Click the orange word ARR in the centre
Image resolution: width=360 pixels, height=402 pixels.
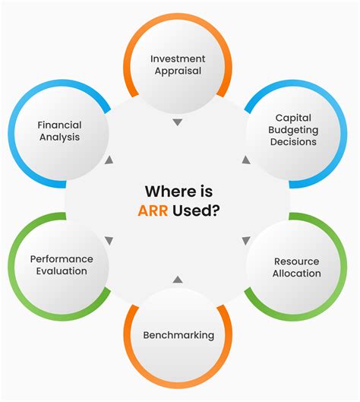pyautogui.click(x=155, y=211)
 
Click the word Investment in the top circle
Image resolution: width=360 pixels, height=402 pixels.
pyautogui.click(x=178, y=59)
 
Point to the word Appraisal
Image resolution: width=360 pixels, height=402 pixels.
pyautogui.click(x=178, y=72)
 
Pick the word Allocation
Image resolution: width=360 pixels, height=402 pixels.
pyautogui.click(x=296, y=273)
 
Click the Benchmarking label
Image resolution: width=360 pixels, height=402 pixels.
pyautogui.click(x=178, y=335)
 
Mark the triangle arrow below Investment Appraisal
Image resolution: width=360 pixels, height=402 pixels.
pyautogui.click(x=178, y=122)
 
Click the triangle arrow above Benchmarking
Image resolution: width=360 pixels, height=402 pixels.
pyautogui.click(x=178, y=280)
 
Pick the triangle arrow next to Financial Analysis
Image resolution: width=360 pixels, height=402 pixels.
pyautogui.click(x=109, y=160)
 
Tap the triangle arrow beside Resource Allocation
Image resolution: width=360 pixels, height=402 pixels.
pyautogui.click(x=246, y=241)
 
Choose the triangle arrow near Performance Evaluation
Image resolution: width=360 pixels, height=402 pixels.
pyautogui.click(x=109, y=241)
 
